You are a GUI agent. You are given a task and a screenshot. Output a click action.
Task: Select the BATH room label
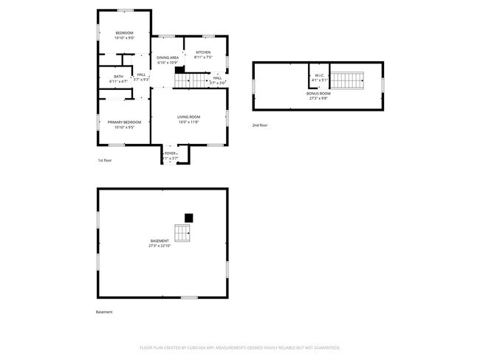[118, 77]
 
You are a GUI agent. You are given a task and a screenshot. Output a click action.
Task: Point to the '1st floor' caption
[106, 160]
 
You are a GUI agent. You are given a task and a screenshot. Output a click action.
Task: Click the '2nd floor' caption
[260, 125]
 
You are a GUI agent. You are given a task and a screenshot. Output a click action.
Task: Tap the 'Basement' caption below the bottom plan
[104, 312]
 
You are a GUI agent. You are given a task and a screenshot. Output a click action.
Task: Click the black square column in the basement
[188, 218]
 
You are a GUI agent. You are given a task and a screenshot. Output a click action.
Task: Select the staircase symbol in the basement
[182, 233]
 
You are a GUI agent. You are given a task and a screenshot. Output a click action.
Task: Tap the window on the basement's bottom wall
[189, 297]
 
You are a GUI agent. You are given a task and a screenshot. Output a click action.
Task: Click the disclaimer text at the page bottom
[239, 347]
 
